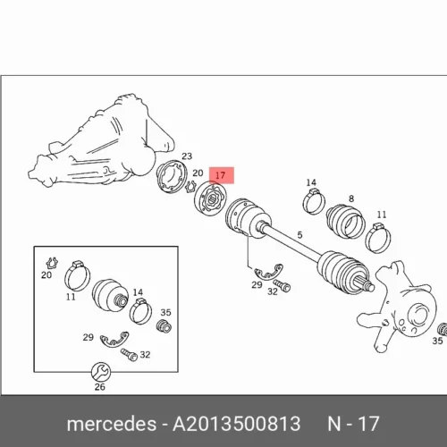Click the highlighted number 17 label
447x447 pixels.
[220, 175]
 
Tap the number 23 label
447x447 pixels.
[187, 156]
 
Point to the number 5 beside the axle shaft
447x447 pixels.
[299, 235]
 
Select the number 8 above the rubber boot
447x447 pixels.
[351, 198]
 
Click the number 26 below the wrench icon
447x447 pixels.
[100, 387]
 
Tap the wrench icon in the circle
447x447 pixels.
[101, 372]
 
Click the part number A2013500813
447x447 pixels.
[237, 424]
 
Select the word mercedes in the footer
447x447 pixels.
[112, 424]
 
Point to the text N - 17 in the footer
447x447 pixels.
[353, 424]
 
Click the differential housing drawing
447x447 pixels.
[101, 143]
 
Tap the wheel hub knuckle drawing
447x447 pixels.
[396, 307]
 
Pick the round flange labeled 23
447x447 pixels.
[172, 176]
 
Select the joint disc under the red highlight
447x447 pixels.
[210, 198]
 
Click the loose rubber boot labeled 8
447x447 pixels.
[346, 222]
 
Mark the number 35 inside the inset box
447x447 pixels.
[166, 312]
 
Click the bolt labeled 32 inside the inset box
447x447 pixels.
[129, 355]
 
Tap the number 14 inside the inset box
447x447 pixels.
[138, 292]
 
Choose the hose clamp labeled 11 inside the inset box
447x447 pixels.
[77, 275]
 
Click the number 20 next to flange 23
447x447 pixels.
[198, 173]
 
